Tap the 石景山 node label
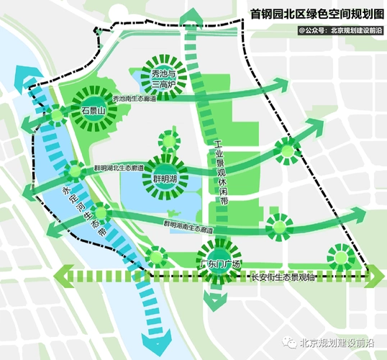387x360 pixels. [93, 112]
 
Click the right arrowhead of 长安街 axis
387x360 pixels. [375, 276]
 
